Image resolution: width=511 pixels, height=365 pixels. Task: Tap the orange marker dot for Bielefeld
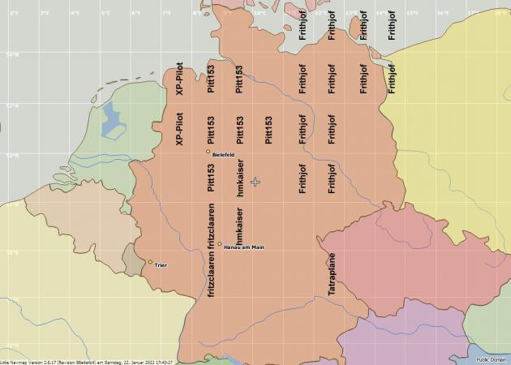tap(208, 152)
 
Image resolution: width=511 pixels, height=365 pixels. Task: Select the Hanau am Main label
tap(243, 247)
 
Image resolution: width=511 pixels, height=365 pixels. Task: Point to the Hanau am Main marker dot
tap(219, 243)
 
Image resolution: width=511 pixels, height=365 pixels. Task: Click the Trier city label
tap(160, 264)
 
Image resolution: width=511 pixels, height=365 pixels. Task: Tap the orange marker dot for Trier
tap(150, 262)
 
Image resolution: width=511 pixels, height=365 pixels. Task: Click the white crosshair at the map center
tap(255, 182)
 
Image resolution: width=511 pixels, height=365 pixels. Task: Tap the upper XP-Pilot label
tap(180, 82)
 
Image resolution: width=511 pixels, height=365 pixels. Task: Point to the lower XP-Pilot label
tap(180, 129)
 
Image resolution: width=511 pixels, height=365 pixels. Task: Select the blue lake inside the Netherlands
tap(113, 120)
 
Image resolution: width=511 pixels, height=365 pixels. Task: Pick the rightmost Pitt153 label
tap(269, 130)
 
